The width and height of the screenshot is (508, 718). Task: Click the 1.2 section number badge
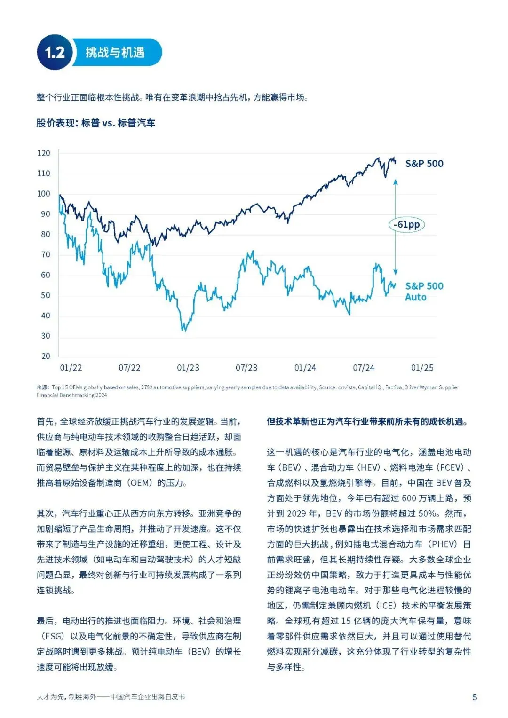[55, 52]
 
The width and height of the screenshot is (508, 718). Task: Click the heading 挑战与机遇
[115, 53]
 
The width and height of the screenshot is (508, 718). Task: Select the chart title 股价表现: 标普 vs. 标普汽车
[96, 123]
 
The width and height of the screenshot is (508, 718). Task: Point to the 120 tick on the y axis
[44, 153]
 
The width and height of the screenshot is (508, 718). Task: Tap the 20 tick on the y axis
[46, 356]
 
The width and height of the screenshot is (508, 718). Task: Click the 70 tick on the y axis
[46, 254]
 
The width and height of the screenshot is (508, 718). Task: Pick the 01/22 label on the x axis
[71, 368]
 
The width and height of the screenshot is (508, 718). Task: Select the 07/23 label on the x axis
[246, 368]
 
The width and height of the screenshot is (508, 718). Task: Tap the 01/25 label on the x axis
[422, 368]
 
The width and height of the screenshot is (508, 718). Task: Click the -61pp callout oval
[406, 225]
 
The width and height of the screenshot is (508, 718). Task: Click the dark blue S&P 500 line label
[424, 164]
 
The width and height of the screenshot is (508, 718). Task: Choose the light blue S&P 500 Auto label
[424, 292]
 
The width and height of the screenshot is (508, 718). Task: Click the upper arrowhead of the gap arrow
[396, 182]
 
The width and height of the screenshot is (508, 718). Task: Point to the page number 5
[475, 697]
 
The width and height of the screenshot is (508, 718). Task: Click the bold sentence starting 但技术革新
[367, 421]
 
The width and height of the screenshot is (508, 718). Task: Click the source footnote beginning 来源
[247, 391]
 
